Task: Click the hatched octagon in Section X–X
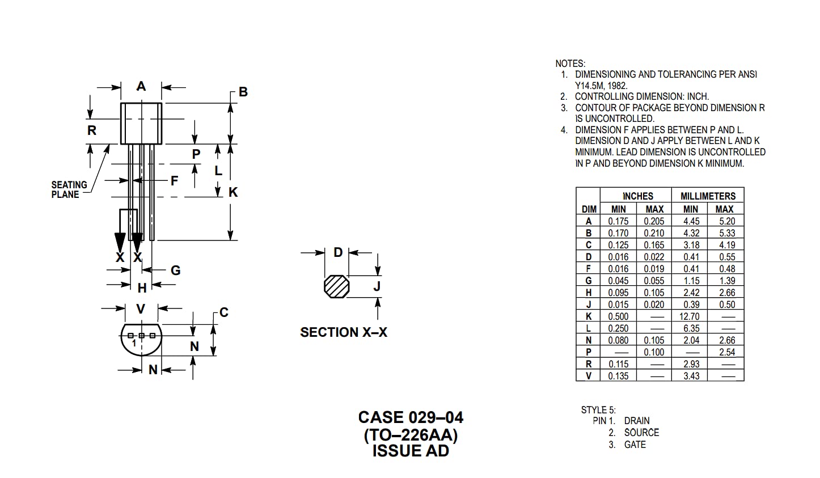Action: [x=336, y=286]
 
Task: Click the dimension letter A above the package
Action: [x=141, y=86]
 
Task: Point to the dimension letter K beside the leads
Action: [x=233, y=192]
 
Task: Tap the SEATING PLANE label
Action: [x=69, y=189]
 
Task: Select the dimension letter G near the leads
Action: [x=175, y=270]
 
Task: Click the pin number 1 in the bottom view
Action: [x=134, y=344]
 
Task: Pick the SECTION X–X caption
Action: [x=344, y=332]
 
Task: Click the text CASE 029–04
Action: [x=410, y=418]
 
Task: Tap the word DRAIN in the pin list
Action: [x=637, y=421]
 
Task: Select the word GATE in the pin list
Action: [x=635, y=445]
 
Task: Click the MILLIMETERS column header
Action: [x=708, y=196]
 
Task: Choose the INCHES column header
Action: [x=637, y=196]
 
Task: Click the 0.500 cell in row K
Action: [x=618, y=316]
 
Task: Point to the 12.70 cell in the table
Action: [x=690, y=316]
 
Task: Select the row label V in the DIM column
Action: [x=589, y=376]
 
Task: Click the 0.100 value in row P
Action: [x=654, y=352]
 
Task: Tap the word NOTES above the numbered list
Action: [x=570, y=64]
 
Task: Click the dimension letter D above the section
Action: [x=338, y=252]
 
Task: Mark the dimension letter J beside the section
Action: [x=377, y=286]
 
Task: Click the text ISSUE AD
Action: [x=410, y=451]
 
